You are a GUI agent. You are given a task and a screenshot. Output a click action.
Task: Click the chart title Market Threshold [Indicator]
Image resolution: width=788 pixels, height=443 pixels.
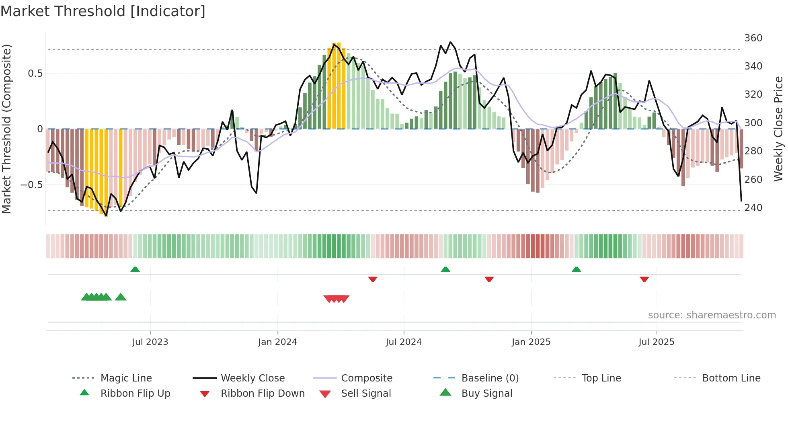(x=103, y=11)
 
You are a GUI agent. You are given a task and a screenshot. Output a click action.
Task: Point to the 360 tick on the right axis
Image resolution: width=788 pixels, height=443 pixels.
(x=753, y=38)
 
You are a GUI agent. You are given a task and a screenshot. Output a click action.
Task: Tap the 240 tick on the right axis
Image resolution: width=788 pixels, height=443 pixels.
(x=753, y=208)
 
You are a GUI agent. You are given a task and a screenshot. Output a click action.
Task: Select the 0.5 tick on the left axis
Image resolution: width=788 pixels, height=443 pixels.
(x=35, y=74)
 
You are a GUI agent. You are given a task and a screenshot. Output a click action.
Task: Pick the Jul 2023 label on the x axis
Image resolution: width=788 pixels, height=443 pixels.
(x=150, y=342)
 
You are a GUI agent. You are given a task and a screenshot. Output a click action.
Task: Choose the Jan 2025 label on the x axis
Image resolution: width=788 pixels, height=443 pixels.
(x=531, y=342)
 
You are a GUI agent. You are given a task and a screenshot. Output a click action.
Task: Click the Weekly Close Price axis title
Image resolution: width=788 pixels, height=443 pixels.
(x=778, y=129)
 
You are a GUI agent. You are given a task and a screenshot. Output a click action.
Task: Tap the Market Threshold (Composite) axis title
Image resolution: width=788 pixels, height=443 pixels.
(x=6, y=129)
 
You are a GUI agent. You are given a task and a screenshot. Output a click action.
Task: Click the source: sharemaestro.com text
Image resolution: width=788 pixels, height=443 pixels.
(x=712, y=315)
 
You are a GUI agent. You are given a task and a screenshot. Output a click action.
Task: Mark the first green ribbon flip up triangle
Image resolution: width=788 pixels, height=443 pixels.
(x=135, y=269)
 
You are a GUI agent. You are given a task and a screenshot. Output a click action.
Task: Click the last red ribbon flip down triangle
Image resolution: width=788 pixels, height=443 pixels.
(x=644, y=279)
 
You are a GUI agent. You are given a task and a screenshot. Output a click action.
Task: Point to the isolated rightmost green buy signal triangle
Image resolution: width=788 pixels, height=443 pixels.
(x=121, y=297)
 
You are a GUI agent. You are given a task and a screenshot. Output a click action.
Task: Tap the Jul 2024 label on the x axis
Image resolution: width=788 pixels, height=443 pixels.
(x=403, y=342)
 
